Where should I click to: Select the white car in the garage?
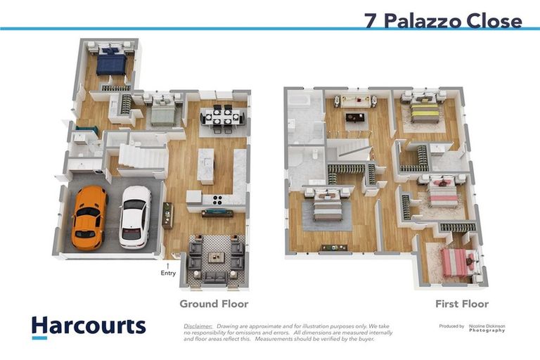pyautogui.click(x=134, y=216)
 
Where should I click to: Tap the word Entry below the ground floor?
pyautogui.click(x=167, y=274)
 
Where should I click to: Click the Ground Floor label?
pyautogui.click(x=214, y=304)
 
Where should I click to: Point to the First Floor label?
pyautogui.click(x=461, y=304)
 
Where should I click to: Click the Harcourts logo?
pyautogui.click(x=89, y=326)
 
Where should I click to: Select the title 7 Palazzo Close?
pyautogui.click(x=443, y=20)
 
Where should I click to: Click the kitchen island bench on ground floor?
pyautogui.click(x=205, y=166)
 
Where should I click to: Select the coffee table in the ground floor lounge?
pyautogui.click(x=215, y=258)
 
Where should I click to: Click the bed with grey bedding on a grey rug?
pyautogui.click(x=327, y=207)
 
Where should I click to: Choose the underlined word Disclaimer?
pyautogui.click(x=198, y=326)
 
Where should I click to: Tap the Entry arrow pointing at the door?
pyautogui.click(x=167, y=265)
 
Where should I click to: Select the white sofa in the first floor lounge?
pyautogui.click(x=356, y=102)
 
